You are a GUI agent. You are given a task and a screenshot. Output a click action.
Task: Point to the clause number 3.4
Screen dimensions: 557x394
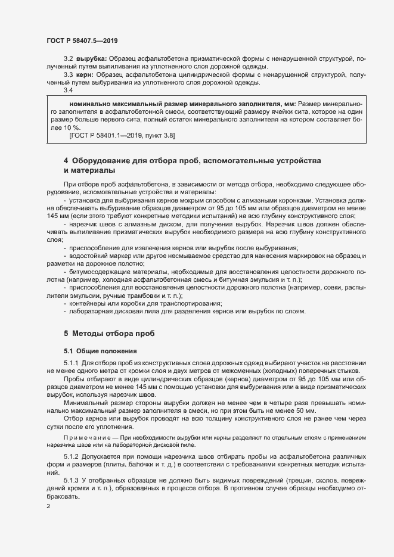tap(68, 91)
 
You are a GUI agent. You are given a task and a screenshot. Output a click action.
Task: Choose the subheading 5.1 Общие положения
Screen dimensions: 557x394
tap(92, 351)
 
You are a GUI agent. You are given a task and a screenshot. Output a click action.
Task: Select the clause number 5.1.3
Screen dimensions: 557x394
tap(71, 480)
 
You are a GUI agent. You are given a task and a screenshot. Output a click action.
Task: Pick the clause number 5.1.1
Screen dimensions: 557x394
tap(71, 363)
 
